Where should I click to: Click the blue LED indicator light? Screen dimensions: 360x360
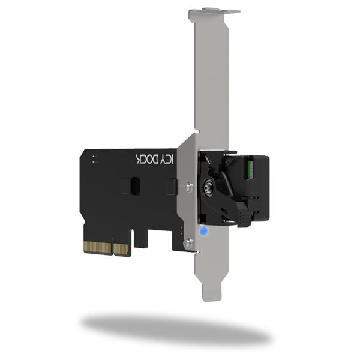203,231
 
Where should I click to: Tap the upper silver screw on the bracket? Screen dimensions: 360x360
189,186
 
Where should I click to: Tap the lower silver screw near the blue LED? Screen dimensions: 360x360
188,242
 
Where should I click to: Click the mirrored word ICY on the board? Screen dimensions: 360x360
167,159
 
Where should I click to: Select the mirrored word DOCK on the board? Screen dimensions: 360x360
147,158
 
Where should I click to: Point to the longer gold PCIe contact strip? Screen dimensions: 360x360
97,247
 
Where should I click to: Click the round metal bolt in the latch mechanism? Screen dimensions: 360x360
209,187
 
